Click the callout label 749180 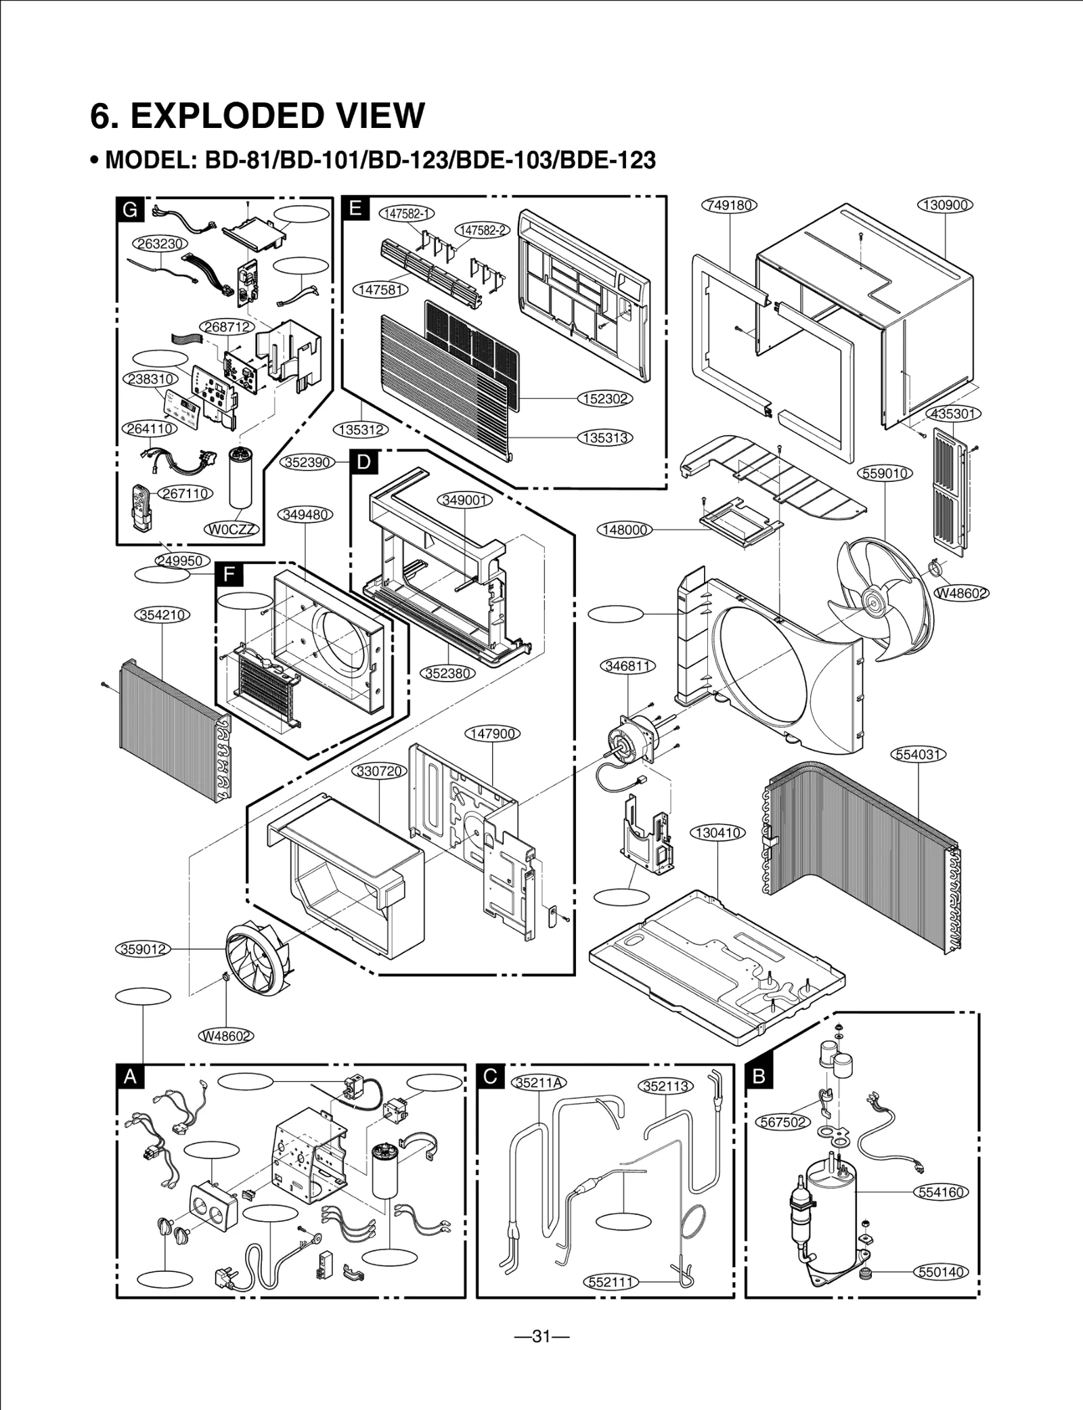coord(730,205)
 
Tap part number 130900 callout coord(945,205)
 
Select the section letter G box coord(129,210)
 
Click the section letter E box coord(355,209)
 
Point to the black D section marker coord(363,462)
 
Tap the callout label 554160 coord(942,1192)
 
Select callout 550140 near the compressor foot coord(942,1272)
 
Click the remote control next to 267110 coord(140,507)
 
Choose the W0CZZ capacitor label coord(232,529)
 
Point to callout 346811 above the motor coord(628,666)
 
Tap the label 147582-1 coord(407,213)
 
